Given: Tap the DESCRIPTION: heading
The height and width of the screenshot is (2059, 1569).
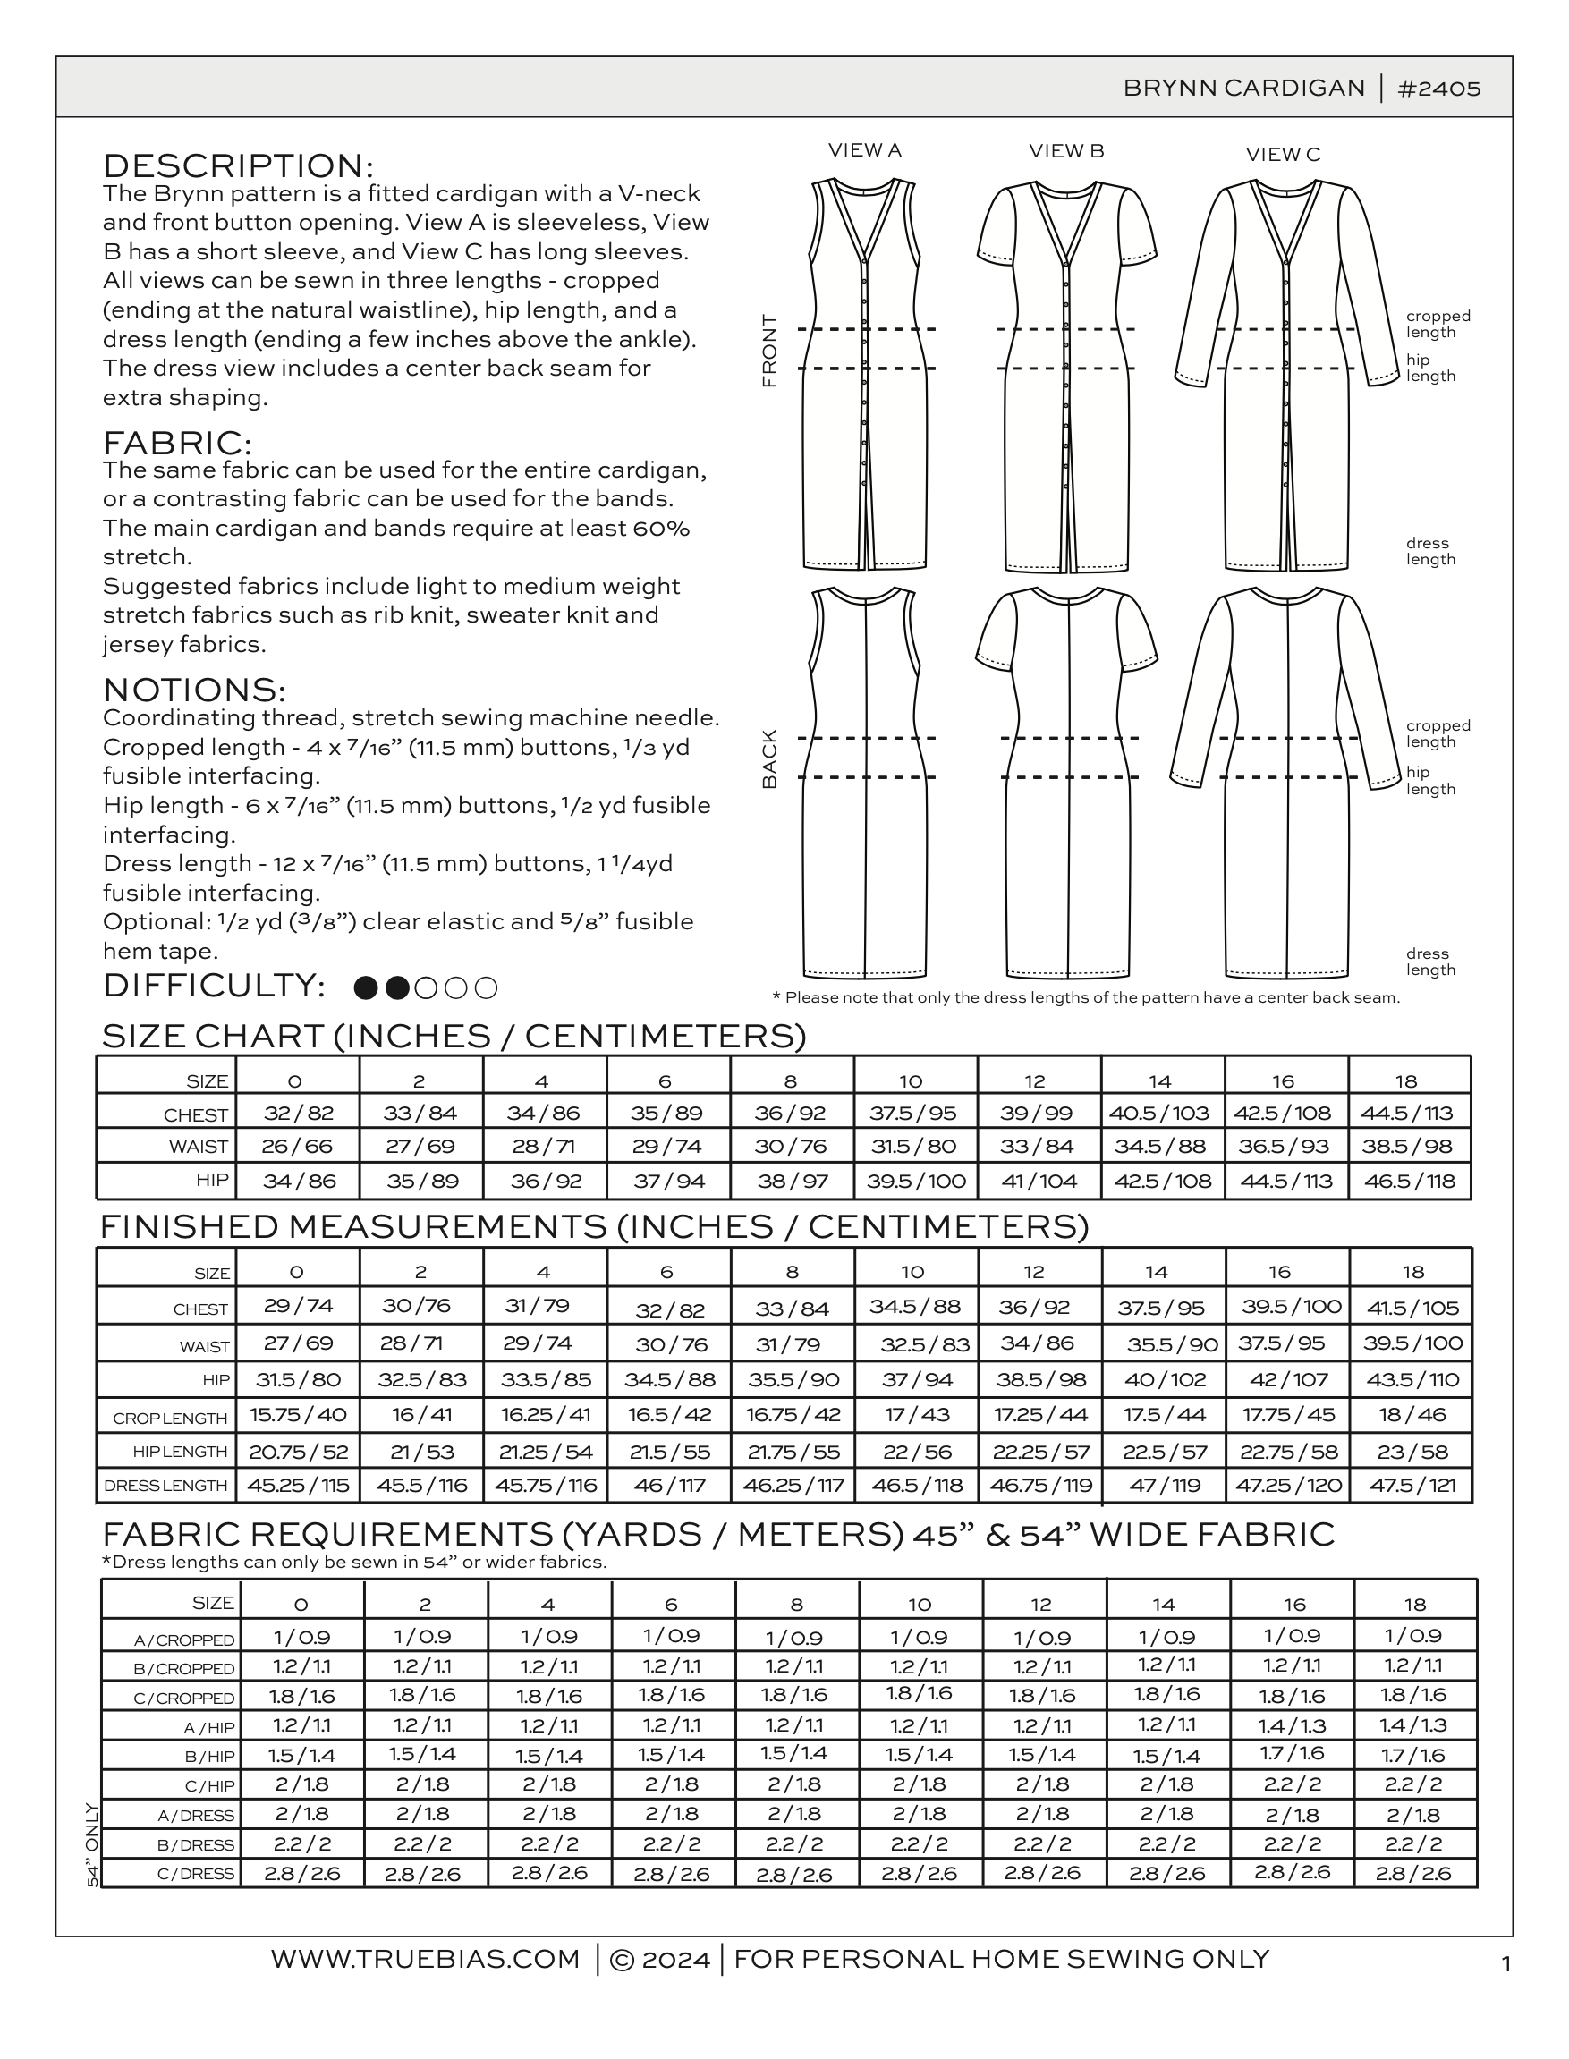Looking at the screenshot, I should pos(238,165).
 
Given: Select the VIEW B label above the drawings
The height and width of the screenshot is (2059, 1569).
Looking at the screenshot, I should pos(1066,150).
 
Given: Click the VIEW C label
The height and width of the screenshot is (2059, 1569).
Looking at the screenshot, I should pos(1284,154).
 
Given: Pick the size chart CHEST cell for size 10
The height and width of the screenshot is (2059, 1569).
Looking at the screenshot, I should pos(915,1113).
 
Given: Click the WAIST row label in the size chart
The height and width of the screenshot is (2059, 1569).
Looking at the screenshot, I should pos(198,1148).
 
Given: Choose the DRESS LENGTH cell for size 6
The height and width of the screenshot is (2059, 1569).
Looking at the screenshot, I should pos(669,1485).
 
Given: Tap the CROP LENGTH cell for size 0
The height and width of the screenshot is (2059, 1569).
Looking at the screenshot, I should pos(298,1415).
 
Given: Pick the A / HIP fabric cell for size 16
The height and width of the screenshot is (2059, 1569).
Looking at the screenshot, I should pos(1292,1725).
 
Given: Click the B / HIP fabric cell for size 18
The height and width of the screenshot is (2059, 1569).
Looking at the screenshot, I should pos(1413,1755).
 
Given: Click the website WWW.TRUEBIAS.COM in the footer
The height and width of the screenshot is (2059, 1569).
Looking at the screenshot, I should pos(426,1958).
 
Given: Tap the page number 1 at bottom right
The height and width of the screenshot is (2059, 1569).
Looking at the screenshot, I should pos(1505,1965).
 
